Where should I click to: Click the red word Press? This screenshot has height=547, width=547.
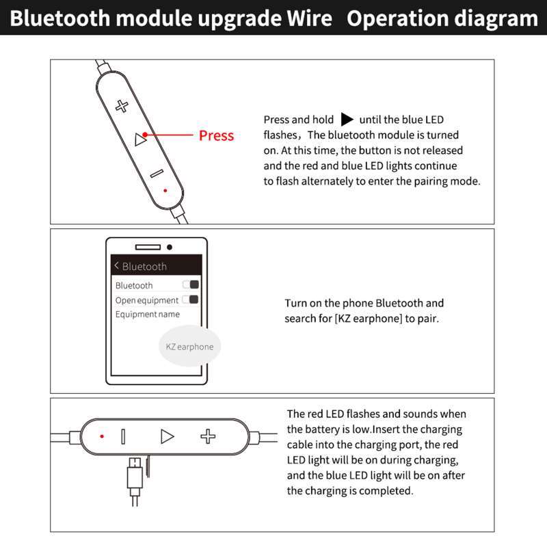pos(216,135)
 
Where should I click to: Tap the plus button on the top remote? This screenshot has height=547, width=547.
pos(122,105)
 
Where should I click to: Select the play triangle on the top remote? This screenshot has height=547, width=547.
pos(140,140)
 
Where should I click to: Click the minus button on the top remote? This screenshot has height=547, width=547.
pos(157,174)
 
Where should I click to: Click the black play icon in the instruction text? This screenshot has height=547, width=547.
pos(347,120)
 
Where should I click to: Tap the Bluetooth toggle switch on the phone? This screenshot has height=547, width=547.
pos(191,284)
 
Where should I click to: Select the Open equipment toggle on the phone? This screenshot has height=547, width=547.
pos(191,299)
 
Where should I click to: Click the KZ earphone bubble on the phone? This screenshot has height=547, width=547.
pos(189,347)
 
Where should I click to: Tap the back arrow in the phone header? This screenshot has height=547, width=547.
pos(116,265)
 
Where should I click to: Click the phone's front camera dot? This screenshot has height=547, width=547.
pos(170,247)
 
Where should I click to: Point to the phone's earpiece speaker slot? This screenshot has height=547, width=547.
pos(147,247)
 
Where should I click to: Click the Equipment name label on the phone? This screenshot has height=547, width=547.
pos(148,315)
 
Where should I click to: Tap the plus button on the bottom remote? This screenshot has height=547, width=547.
pos(208,436)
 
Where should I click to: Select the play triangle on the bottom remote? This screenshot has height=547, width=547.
pos(167,436)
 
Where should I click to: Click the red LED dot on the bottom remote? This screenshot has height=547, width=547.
pos(102,436)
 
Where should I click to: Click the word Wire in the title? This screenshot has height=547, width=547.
pos(309,18)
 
